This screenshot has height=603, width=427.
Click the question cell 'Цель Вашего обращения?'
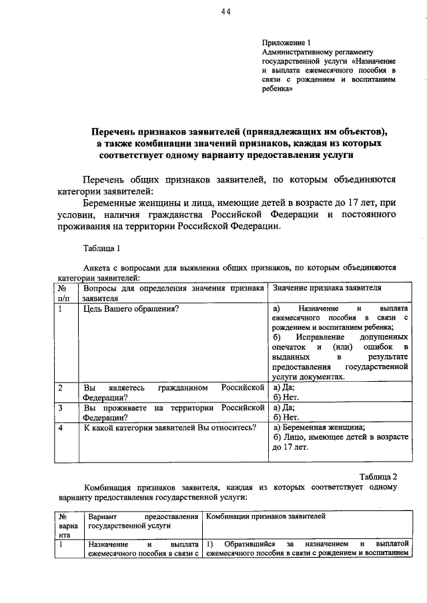(x=131, y=309)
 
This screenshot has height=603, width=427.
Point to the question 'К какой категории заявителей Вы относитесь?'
(x=170, y=428)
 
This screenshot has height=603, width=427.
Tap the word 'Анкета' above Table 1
(x=97, y=267)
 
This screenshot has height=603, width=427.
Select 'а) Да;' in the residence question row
(x=284, y=408)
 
